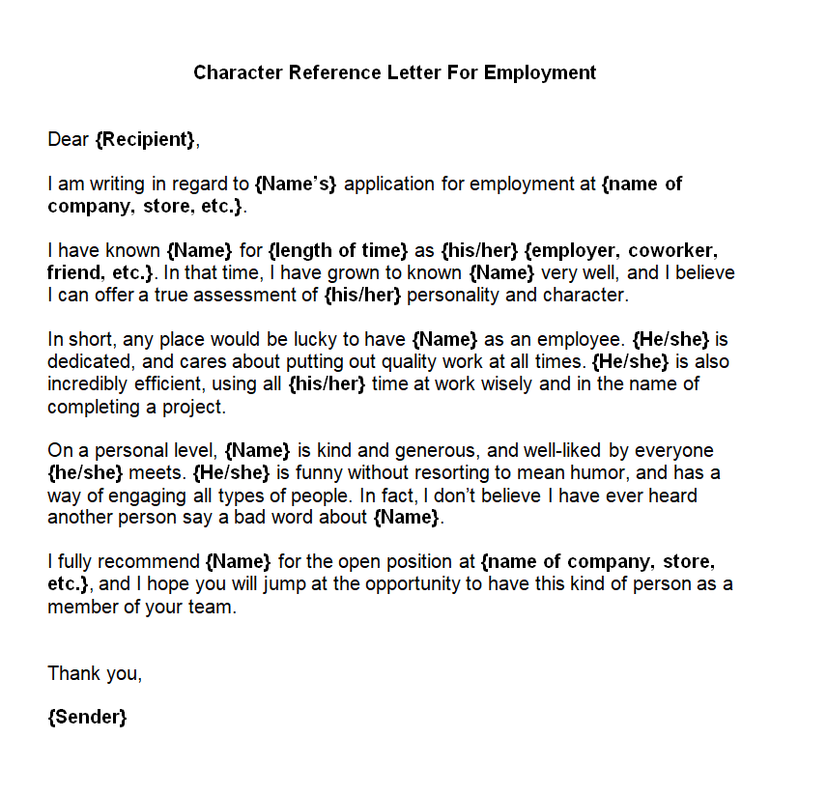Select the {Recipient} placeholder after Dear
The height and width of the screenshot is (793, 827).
146,139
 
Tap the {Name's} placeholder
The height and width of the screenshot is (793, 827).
296,184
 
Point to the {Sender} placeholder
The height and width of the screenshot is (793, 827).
87,718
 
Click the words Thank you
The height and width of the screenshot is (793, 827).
94,673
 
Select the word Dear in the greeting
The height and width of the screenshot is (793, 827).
68,139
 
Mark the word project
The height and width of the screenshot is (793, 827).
191,407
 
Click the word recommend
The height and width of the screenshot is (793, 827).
157,562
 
